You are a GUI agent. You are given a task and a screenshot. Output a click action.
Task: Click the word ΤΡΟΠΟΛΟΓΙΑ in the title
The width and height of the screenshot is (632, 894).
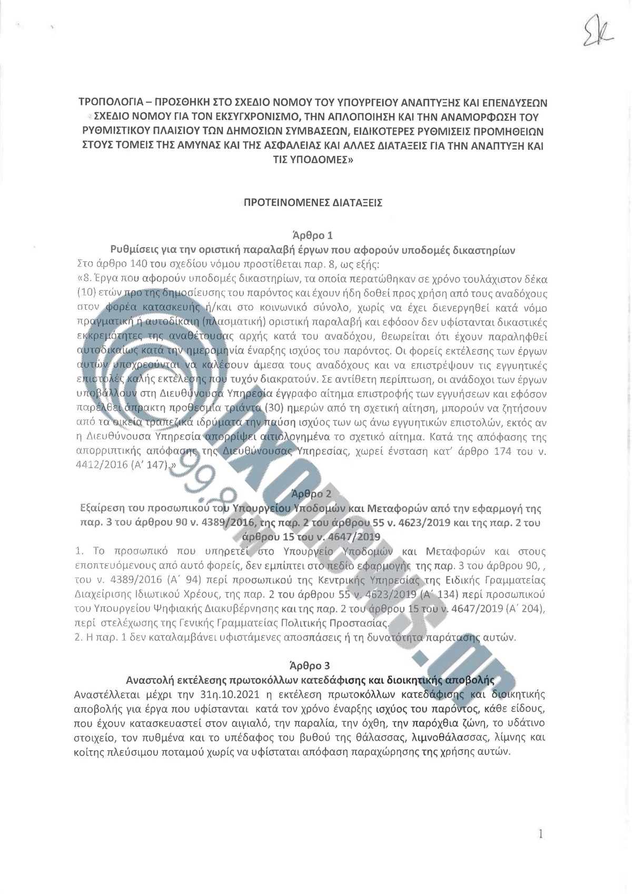pos(108,101)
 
